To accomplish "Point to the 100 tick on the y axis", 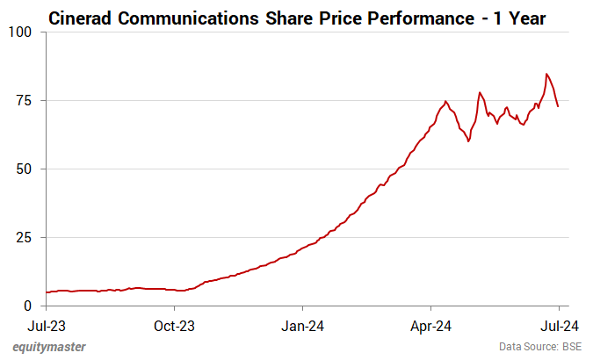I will tap(20, 32).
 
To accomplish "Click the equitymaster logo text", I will tap(49, 347).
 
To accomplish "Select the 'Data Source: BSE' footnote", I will tap(540, 347).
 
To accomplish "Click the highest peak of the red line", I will tap(546, 74).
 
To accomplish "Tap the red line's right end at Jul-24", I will tap(559, 107).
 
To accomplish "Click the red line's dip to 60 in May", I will tap(468, 141).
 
